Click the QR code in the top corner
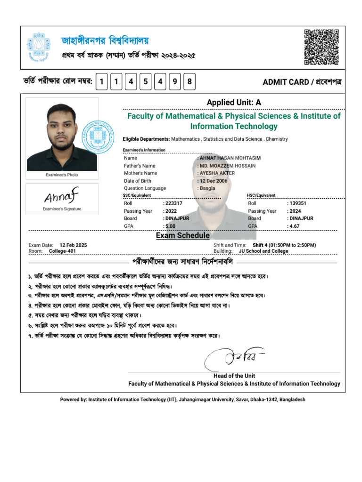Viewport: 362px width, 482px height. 321,47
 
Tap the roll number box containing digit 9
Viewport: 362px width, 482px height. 175,82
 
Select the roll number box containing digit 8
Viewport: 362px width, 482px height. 189,82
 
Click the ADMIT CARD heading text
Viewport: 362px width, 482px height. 302,82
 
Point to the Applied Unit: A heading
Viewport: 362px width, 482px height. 234,103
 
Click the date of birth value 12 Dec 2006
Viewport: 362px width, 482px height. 214,181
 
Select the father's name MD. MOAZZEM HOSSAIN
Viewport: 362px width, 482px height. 228,166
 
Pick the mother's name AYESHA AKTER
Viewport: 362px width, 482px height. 217,173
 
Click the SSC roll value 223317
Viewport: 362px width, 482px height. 173,203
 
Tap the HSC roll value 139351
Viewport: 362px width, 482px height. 297,203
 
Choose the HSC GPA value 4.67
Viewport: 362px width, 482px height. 295,226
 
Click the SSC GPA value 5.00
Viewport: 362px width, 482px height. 171,226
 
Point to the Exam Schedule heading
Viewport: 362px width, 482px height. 183,235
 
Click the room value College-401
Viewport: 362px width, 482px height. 62,251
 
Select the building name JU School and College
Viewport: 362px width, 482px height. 263,251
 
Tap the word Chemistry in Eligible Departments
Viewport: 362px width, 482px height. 277,139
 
